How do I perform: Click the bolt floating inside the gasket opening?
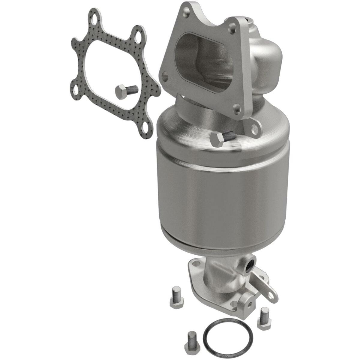(x=126, y=91)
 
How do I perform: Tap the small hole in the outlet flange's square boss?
(x=250, y=303)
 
